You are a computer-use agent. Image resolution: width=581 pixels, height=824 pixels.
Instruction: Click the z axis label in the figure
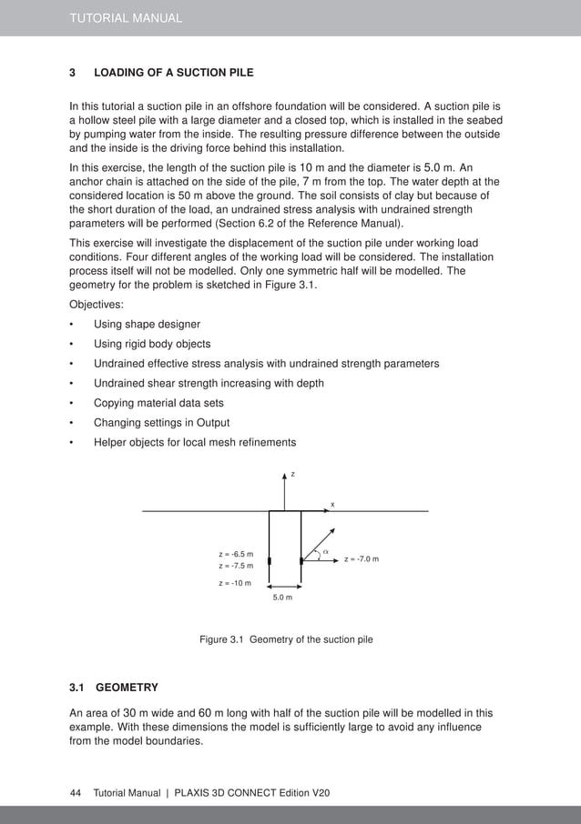tap(292, 474)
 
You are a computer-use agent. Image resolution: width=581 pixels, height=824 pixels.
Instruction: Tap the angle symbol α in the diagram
tap(325, 551)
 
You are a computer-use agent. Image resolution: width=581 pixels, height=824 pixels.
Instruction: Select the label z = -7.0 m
tap(362, 558)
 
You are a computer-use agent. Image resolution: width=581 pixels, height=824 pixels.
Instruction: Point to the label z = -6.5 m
tap(236, 554)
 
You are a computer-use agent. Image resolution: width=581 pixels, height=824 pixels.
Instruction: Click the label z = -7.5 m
tap(236, 566)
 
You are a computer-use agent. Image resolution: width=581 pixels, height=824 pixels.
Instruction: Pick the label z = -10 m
tap(235, 583)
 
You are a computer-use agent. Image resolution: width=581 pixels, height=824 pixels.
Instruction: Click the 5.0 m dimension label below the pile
tap(284, 598)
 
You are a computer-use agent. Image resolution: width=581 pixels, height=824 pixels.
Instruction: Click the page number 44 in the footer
tap(76, 793)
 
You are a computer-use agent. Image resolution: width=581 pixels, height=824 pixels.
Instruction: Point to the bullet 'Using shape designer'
tap(147, 325)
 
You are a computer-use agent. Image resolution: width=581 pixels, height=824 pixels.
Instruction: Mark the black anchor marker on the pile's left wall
tap(270, 560)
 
